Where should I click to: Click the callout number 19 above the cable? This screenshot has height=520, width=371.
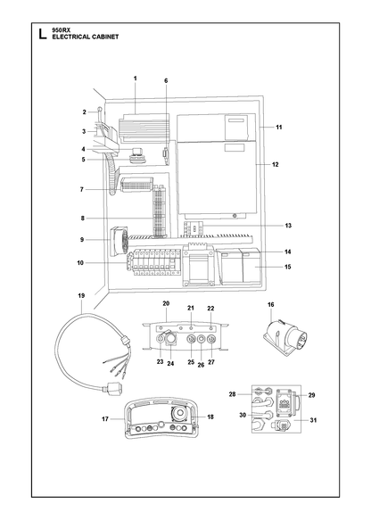(x=81, y=295)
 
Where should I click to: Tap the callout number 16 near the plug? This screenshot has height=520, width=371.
(x=271, y=304)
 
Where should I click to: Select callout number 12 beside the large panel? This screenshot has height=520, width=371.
(x=276, y=164)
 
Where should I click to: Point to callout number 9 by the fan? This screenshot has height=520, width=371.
(x=82, y=239)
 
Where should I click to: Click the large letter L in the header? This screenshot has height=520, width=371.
(x=43, y=34)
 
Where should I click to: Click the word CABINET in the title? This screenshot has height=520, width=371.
(x=105, y=37)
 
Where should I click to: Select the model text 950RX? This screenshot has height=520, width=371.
(x=59, y=29)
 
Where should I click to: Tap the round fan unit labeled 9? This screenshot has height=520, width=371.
(x=119, y=241)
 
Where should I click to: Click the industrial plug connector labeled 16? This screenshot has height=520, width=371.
(x=285, y=338)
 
